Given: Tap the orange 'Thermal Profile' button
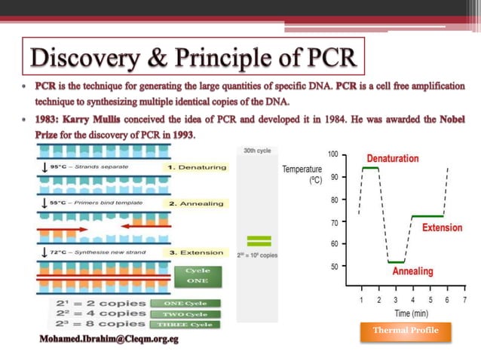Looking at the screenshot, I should click(406, 331).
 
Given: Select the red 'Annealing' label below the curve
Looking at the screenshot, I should click(412, 271).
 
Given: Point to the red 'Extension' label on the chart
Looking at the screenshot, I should click(443, 227).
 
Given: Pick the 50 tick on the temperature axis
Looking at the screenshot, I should click(334, 266).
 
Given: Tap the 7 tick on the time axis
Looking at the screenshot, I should click(465, 299).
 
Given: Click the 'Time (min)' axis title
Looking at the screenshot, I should click(410, 313).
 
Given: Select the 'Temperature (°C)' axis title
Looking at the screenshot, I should click(302, 175).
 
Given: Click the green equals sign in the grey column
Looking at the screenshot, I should click(259, 242).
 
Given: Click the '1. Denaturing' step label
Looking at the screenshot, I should click(198, 167).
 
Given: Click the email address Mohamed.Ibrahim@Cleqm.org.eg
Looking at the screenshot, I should click(109, 340).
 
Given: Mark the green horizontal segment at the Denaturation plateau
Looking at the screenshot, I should click(370, 168).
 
